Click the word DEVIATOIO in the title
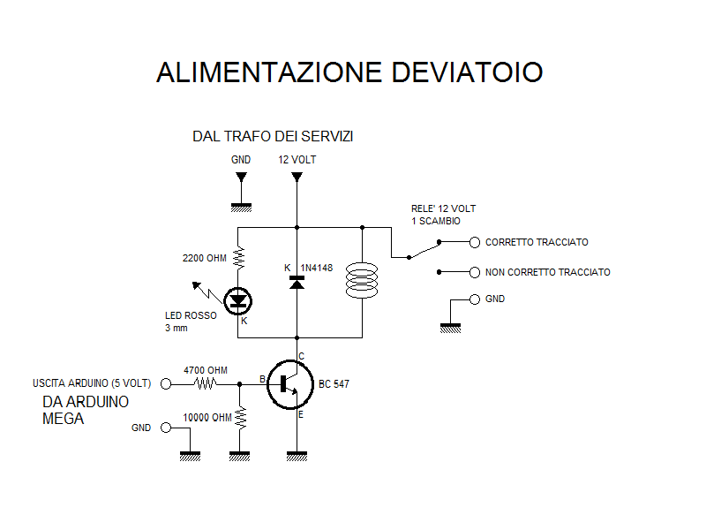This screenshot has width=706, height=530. tap(467, 72)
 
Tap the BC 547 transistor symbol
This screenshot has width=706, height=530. tap(290, 384)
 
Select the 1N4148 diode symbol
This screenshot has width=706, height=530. tap(297, 282)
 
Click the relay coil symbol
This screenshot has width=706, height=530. tap(362, 280)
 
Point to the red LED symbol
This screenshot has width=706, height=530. tap(237, 301)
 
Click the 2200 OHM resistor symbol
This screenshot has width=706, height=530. tap(238, 258)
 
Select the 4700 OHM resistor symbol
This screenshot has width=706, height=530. tap(206, 384)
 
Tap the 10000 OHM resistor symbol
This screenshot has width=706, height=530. tap(240, 418)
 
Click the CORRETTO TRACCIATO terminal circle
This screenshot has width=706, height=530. tap(475, 242)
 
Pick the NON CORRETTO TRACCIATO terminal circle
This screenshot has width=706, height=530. tap(475, 272)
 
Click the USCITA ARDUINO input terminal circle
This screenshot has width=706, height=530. tap(166, 384)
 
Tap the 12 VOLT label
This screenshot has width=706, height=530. tap(297, 160)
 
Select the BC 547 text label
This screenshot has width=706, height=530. tap(334, 384)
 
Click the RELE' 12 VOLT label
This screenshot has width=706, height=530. tap(444, 208)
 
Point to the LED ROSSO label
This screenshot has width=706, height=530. tap(191, 315)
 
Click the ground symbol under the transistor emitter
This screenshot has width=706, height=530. tap(297, 456)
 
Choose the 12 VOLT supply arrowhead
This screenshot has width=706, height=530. tap(297, 178)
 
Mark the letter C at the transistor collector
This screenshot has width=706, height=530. tap(302, 356)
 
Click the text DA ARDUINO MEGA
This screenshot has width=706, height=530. tap(86, 410)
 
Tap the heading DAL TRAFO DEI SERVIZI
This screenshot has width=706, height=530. tap(273, 136)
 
